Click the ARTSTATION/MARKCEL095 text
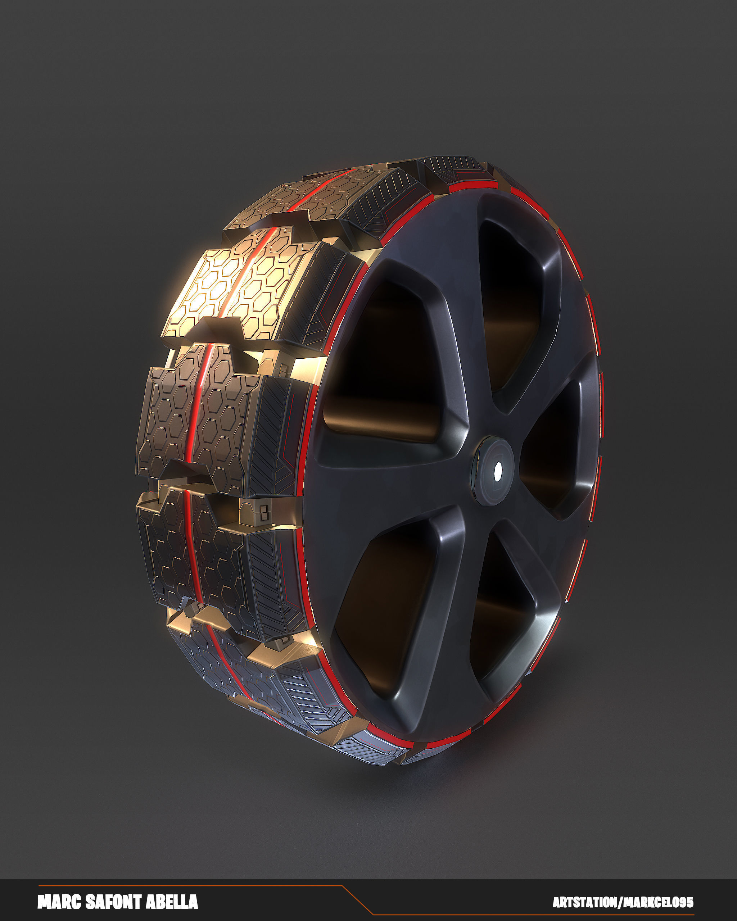pos(623,903)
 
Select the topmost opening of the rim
pos(511,299)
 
